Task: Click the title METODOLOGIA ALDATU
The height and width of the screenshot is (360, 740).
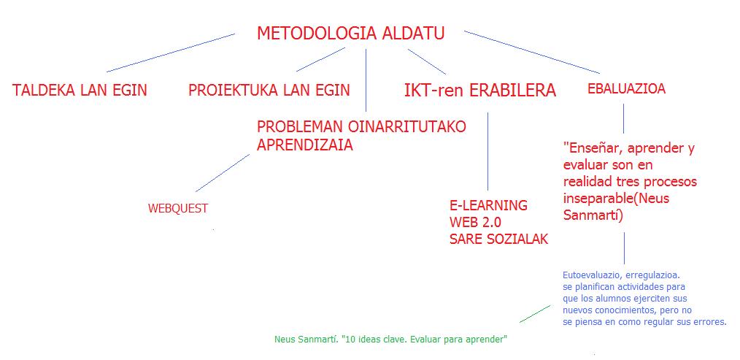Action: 350,34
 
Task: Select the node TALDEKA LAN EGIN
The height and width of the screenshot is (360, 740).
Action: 80,91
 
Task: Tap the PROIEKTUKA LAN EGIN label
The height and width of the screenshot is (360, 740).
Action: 269,91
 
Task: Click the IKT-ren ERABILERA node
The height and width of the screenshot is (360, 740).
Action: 480,91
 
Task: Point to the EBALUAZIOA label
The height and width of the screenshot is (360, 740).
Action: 626,89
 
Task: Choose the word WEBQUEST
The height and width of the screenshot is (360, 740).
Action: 178,209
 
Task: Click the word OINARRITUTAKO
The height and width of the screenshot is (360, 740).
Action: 407,126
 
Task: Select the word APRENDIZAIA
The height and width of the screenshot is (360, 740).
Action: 305,145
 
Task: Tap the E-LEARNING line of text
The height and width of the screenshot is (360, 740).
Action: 488,205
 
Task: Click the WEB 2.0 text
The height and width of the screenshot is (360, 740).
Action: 475,223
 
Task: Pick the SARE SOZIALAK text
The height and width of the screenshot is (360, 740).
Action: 499,240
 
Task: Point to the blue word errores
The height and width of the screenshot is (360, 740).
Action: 710,322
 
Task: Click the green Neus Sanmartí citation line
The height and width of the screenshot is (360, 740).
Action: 390,340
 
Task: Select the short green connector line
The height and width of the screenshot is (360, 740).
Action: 535,314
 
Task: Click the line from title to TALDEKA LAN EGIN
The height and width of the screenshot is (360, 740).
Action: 170,53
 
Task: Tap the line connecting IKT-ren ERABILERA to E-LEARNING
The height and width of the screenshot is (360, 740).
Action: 487,151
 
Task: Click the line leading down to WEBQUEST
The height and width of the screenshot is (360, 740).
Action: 223,173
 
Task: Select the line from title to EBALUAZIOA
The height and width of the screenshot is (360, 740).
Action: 532,53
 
